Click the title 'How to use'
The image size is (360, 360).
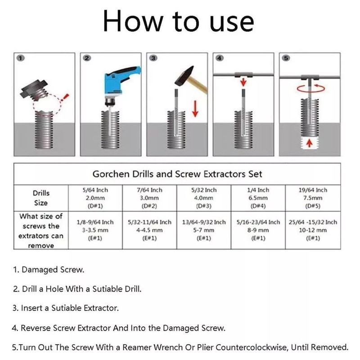pyautogui.click(x=179, y=22)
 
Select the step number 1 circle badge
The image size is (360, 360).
pyautogui.click(x=20, y=58)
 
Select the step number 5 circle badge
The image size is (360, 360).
pyautogui.click(x=287, y=58)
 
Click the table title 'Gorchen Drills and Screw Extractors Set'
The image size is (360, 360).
pyautogui.click(x=177, y=174)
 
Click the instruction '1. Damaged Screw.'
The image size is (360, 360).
pyautogui.click(x=48, y=270)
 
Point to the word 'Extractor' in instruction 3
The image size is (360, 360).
pyautogui.click(x=99, y=308)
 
